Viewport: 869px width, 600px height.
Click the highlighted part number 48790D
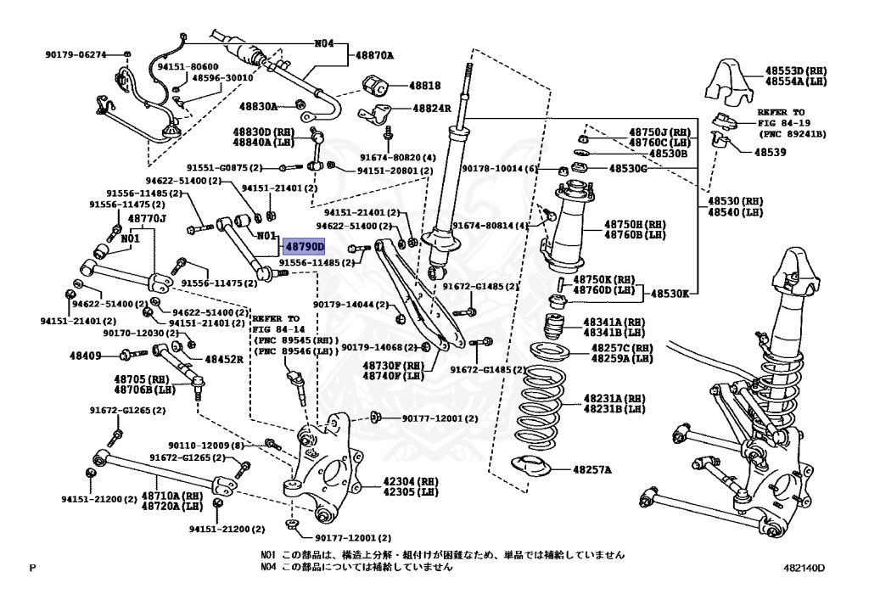point(304,247)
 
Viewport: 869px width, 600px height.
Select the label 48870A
point(374,55)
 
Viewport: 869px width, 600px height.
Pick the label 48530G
point(628,168)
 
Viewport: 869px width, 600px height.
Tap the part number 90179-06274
point(76,55)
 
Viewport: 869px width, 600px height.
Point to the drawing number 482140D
point(804,568)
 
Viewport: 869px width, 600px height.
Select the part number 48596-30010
point(222,78)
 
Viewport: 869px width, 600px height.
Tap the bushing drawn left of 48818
point(375,86)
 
